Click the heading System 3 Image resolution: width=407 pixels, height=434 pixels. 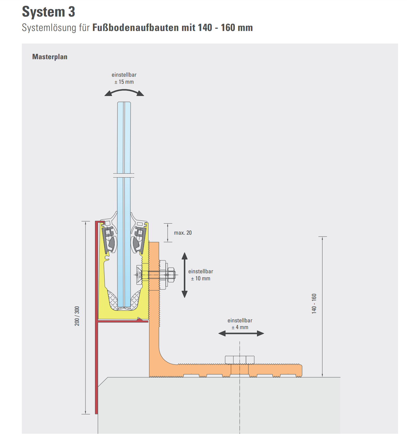(49, 12)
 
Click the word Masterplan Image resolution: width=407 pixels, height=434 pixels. (50, 57)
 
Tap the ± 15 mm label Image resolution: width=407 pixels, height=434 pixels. (124, 82)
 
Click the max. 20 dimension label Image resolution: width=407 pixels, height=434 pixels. (183, 233)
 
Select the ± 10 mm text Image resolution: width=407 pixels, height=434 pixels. (200, 278)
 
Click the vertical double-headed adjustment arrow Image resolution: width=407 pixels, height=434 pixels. (184, 275)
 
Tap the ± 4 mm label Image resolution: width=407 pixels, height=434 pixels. (240, 327)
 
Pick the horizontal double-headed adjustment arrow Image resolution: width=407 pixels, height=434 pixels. (241, 333)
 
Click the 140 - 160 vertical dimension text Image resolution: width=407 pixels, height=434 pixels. (314, 303)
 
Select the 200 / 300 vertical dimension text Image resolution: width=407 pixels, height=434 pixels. (77, 316)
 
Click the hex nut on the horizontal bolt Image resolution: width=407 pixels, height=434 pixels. (171, 275)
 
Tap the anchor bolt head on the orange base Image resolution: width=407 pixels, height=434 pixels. (239, 360)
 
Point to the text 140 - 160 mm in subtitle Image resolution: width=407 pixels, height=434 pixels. (225, 28)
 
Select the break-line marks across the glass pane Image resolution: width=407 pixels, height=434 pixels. (124, 175)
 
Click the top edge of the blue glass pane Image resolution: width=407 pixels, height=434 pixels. (124, 103)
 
